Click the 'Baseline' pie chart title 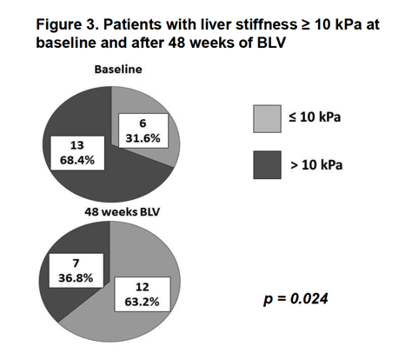click(x=118, y=70)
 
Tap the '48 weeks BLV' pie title click(x=122, y=212)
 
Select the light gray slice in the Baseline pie click(x=172, y=130)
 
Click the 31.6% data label click(x=143, y=131)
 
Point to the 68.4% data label click(x=77, y=153)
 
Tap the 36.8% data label click(x=76, y=270)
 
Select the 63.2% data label click(x=143, y=295)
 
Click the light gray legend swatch click(x=267, y=119)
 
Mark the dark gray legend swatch click(x=267, y=165)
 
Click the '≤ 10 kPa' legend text click(x=315, y=117)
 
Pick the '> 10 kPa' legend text click(x=316, y=165)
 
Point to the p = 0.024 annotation click(x=296, y=298)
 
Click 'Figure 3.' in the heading click(x=68, y=24)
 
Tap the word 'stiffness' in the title click(x=267, y=24)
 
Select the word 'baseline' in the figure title click(x=66, y=43)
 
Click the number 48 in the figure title click(x=176, y=43)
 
